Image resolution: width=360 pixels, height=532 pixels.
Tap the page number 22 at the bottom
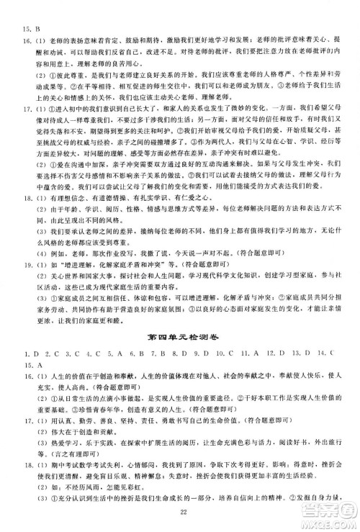[181, 510]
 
